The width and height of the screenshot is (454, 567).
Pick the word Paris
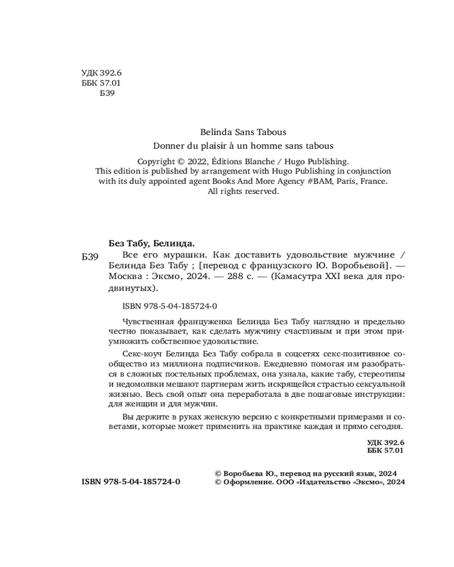(x=352, y=181)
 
